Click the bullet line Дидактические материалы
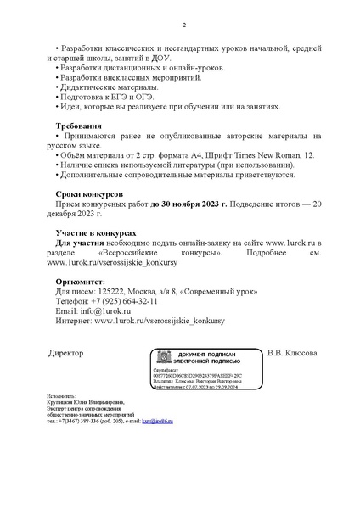(x=109, y=87)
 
